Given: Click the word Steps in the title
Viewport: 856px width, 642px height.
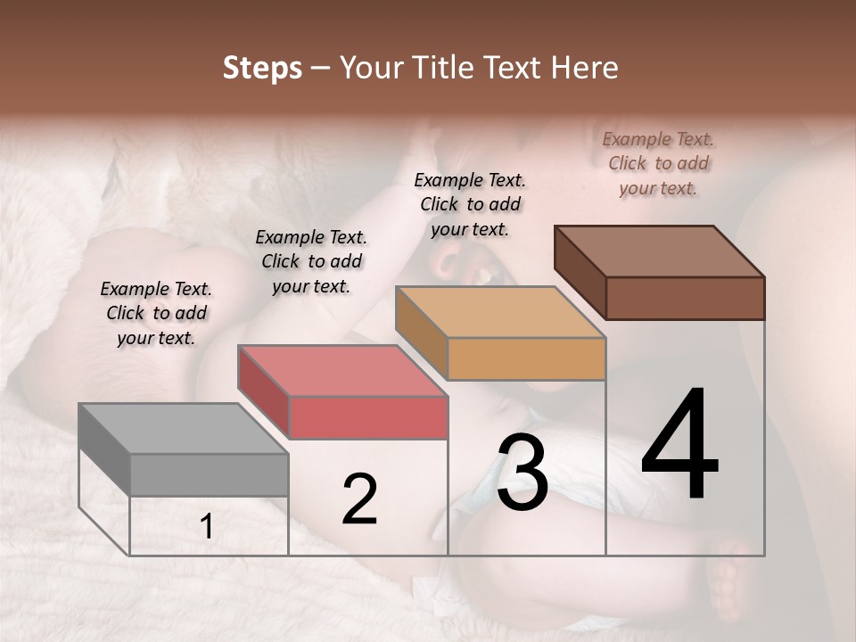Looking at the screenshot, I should [x=262, y=68].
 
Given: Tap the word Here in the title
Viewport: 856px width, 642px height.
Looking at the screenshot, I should [x=584, y=68].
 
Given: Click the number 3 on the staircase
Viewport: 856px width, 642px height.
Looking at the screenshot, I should [x=522, y=473].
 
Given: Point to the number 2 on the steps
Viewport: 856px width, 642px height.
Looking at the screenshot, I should [x=359, y=499].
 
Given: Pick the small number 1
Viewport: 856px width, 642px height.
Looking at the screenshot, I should [x=207, y=527].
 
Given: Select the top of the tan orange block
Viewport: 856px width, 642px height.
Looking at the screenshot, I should [x=500, y=312].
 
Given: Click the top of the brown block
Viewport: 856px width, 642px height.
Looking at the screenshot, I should [x=659, y=251].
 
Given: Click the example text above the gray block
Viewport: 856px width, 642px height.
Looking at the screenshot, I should [x=156, y=313].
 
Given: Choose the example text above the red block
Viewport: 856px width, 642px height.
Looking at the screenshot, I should [x=311, y=261].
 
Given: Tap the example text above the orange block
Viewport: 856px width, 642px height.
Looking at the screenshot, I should [x=470, y=204].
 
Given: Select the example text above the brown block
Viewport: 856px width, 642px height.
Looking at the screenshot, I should [x=658, y=163].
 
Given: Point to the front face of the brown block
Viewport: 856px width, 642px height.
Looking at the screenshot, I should [x=685, y=298].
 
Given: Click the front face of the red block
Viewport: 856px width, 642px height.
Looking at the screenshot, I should [x=368, y=417].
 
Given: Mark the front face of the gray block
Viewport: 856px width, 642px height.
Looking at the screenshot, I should [x=209, y=474].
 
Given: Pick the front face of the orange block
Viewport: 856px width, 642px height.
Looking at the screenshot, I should [x=526, y=358].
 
